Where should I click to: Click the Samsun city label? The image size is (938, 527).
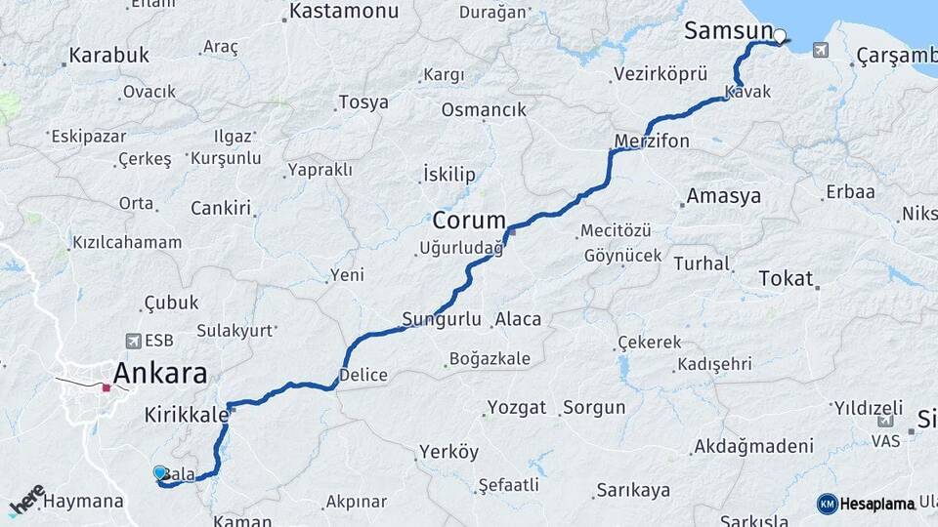[x=728, y=31]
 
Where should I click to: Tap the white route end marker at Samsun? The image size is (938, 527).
[x=780, y=38]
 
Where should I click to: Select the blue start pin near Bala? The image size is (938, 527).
[x=160, y=473]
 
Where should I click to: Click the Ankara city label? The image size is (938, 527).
[x=160, y=373]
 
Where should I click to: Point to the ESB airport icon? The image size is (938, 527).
[x=133, y=342]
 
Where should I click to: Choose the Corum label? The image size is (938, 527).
[x=469, y=220]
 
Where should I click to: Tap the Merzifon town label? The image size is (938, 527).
[x=652, y=142]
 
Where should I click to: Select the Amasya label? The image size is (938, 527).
[x=723, y=196]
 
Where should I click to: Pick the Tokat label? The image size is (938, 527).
[x=786, y=279]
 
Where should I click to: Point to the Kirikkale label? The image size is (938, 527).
[x=186, y=414]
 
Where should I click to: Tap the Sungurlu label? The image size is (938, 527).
[x=442, y=319]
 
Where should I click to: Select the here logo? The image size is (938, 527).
[x=27, y=501]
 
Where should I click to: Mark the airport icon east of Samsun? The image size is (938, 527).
[x=819, y=50]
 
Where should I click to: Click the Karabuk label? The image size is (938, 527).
[x=108, y=56]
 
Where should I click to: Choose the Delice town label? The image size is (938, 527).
[x=362, y=375]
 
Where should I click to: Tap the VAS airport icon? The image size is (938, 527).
[x=885, y=421]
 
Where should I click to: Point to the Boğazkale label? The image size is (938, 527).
[x=490, y=358]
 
